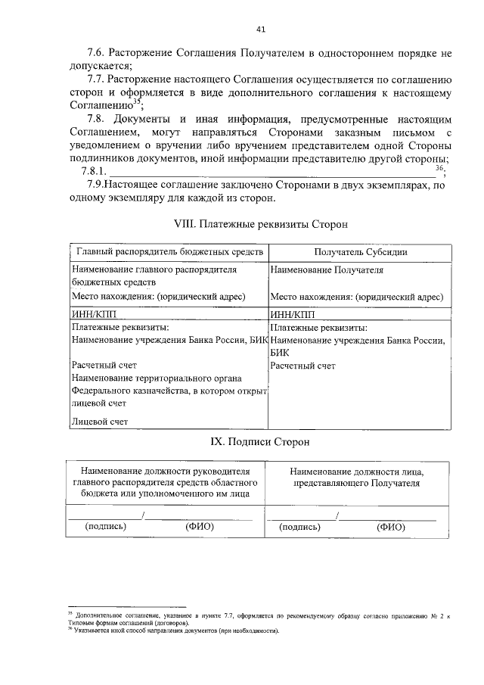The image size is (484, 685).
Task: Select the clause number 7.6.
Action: (x=98, y=54)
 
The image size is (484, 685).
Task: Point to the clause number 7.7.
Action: (x=98, y=79)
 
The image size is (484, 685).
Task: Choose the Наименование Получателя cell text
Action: (x=327, y=269)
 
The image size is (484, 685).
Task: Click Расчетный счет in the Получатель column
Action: (x=302, y=366)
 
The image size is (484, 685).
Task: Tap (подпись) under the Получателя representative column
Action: (x=300, y=527)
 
